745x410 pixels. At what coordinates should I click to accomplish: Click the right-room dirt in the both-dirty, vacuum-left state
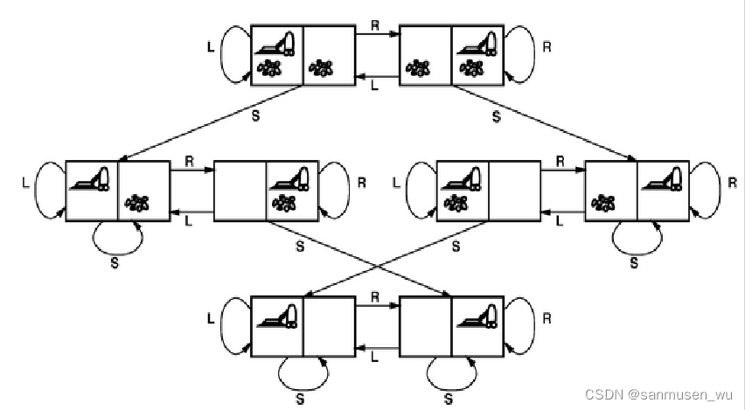(x=322, y=66)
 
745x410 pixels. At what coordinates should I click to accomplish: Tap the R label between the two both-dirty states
(x=374, y=27)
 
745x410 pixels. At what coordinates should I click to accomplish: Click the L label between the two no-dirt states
(x=374, y=357)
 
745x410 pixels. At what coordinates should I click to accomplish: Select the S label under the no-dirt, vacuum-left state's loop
(x=301, y=399)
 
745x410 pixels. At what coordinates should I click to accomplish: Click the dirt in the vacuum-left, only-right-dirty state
(x=136, y=203)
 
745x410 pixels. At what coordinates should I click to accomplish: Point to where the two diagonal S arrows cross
(x=378, y=266)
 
